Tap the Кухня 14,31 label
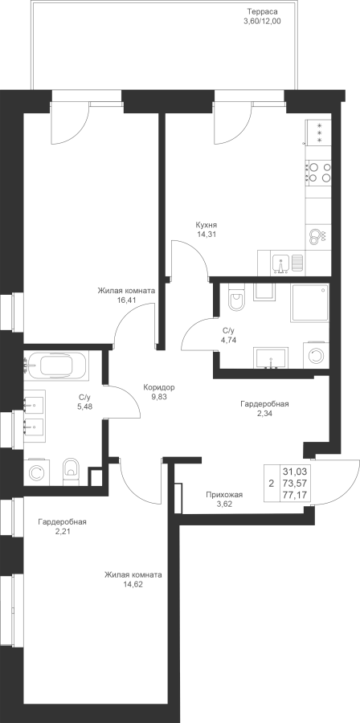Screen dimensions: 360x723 pos(206,229)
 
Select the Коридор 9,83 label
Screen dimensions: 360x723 pos(159,391)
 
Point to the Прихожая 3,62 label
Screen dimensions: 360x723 pos(223,500)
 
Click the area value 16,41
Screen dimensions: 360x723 pos(126,300)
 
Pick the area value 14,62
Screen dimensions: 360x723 pos(133,584)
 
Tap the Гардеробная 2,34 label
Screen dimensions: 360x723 pos(264,409)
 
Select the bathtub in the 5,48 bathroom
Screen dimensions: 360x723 pos(55,366)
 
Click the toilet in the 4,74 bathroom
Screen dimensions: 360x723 pos(236,297)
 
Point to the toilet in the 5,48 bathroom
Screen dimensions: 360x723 pos(71,472)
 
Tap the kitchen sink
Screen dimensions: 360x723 pos(280,263)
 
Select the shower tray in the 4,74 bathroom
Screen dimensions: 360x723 pos(309,303)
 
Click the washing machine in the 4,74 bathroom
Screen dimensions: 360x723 pos(316,355)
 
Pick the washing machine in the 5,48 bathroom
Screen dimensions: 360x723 pos(36,472)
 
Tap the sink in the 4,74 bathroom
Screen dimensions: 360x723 pos(271,359)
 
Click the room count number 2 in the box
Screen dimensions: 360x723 pos(271,484)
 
